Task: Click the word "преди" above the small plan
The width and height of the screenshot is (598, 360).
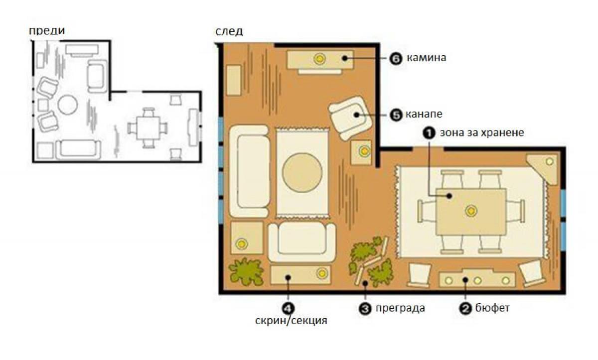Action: point(47,31)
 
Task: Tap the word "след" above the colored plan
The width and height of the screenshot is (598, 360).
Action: point(229,31)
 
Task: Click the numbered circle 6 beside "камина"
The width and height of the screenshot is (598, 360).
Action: point(396,58)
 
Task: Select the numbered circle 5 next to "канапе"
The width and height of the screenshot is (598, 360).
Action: point(396,115)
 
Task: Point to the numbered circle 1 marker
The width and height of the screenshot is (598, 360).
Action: point(429,133)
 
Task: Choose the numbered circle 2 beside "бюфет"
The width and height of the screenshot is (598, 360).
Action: point(465,309)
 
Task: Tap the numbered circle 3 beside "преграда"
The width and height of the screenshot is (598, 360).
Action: point(365,309)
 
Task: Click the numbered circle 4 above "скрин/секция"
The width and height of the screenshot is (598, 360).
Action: point(289,309)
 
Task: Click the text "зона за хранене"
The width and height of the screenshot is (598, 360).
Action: point(482,132)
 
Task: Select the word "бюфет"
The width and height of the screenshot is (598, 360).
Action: point(492,308)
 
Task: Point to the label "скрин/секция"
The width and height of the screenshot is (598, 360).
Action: point(291,321)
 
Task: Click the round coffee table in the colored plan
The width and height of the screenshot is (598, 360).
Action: point(302,173)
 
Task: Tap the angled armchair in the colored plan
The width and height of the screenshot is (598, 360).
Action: point(350,118)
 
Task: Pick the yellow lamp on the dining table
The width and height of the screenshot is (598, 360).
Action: point(471,211)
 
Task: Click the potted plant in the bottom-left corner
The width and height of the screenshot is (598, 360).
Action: point(246,271)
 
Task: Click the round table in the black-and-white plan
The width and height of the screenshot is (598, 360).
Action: point(68,105)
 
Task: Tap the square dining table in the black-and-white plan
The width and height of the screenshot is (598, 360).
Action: point(148,128)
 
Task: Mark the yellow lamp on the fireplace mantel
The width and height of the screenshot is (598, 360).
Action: point(319,59)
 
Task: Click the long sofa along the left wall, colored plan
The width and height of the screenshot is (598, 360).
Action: point(249,171)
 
